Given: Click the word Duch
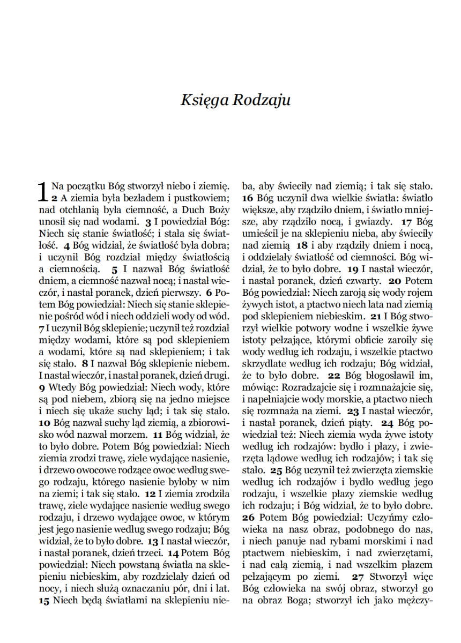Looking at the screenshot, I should (191, 209).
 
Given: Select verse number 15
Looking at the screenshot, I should (44, 601).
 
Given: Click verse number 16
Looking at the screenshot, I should (248, 198).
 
